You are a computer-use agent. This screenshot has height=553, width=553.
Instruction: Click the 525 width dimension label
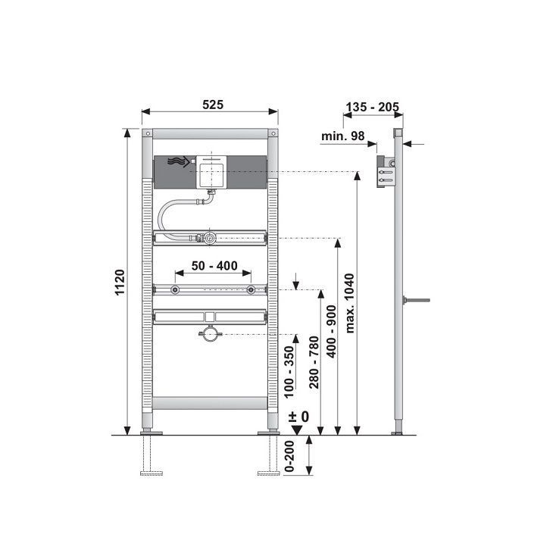click(213, 105)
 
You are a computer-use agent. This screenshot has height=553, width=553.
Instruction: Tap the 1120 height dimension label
click(120, 282)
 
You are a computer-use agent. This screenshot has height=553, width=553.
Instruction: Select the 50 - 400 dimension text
click(214, 266)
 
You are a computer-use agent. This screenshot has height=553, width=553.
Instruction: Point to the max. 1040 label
click(349, 303)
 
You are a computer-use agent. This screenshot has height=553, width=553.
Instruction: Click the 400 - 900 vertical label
click(332, 332)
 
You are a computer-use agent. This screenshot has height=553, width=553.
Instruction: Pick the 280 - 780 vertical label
click(314, 362)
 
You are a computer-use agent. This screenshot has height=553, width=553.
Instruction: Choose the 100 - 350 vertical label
click(289, 372)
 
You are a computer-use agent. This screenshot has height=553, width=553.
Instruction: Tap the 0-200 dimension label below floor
click(289, 456)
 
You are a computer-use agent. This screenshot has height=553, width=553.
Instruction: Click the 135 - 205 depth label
click(372, 107)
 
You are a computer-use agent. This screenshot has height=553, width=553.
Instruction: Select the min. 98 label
click(343, 136)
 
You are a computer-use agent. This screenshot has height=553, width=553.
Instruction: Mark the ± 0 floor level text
click(298, 417)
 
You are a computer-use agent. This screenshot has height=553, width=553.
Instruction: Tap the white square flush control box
click(211, 172)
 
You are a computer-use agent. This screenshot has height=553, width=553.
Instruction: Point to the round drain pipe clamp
click(210, 334)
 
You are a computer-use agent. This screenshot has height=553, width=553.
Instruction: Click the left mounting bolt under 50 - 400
click(175, 290)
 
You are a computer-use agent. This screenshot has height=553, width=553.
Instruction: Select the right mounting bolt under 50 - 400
click(251, 290)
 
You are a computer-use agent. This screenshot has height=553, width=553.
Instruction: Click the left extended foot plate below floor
click(152, 473)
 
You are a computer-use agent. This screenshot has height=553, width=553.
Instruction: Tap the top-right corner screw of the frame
click(273, 133)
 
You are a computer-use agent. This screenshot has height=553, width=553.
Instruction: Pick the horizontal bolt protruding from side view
click(417, 301)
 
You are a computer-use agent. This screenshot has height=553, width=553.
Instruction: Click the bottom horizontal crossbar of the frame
click(210, 403)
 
